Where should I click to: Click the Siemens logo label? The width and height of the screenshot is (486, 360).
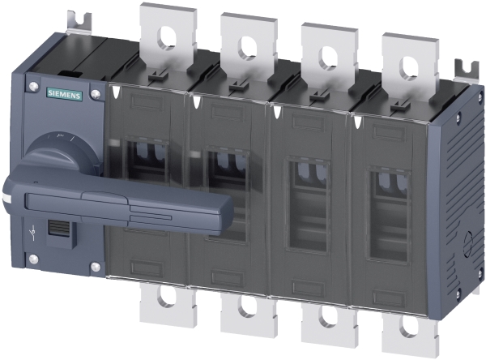pyautogui.click(x=64, y=94)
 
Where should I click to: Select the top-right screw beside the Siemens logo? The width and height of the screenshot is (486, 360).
pyautogui.click(x=96, y=94)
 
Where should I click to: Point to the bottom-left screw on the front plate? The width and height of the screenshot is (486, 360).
pyautogui.click(x=33, y=259)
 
